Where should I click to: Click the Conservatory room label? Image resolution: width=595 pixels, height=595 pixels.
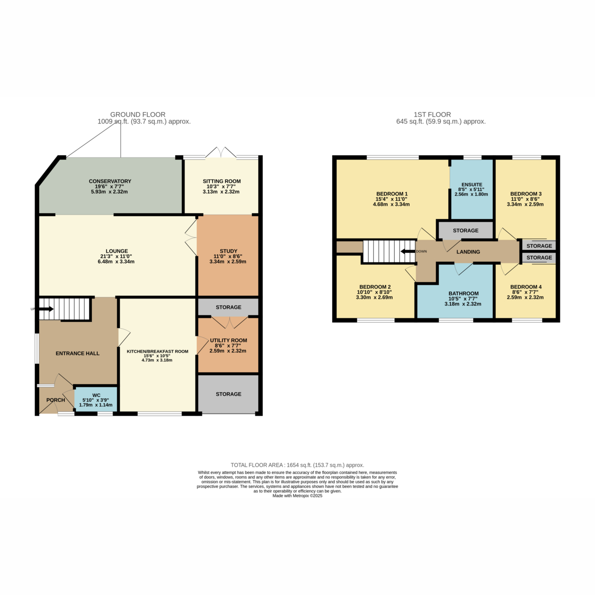pos(110,181)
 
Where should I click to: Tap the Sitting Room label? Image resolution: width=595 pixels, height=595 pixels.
pos(222,181)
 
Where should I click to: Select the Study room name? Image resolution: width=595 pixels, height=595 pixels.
pos(229,251)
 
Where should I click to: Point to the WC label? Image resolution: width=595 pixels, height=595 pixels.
pos(96,395)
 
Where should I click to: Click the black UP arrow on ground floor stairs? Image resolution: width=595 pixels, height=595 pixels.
pos(46,309)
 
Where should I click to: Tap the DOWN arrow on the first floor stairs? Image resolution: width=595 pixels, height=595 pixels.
pos(408,251)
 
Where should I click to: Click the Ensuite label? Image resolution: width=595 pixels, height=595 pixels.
pos(472,184)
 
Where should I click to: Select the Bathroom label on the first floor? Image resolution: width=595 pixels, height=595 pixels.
pos(464,294)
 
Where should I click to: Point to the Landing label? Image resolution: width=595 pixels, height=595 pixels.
pos(468,252)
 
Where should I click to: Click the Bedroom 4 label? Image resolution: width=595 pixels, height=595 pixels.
pos(526,287)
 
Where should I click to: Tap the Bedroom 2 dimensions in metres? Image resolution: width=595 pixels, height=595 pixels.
pos(374,297)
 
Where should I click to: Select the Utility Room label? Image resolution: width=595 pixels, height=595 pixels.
pos(229,340)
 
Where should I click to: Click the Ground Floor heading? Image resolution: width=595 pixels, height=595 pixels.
pos(138,115)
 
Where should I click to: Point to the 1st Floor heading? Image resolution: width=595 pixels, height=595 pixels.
pos(432,115)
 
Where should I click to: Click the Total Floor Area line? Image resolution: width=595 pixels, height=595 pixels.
pos(297,465)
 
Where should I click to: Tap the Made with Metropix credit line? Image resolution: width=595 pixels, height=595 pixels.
pos(297,496)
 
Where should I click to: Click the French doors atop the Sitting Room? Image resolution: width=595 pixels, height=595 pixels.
pos(221,153)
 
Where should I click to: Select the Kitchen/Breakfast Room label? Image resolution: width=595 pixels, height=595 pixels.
pos(158,352)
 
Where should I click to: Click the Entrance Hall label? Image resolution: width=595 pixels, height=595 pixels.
pos(77,354)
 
